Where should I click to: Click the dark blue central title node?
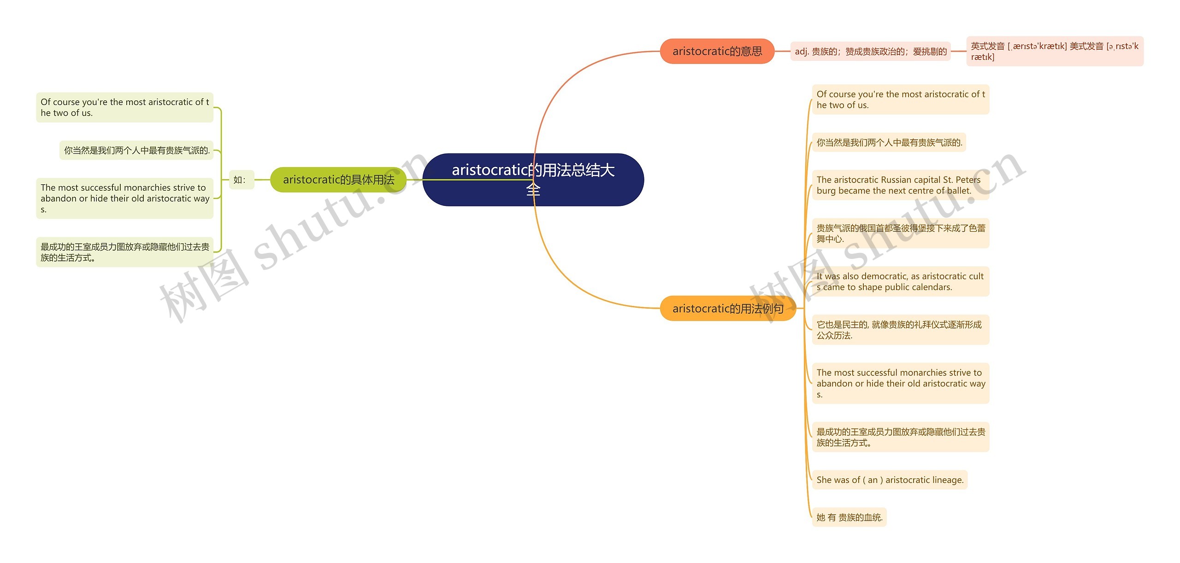[533, 180]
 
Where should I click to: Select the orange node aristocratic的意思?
[717, 51]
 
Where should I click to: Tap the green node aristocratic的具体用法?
[338, 180]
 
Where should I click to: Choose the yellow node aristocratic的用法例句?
[728, 308]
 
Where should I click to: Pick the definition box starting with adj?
[871, 51]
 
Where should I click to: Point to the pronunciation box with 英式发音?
[1055, 51]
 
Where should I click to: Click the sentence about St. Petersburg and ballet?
[901, 185]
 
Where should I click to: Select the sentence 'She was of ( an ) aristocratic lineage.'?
[890, 480]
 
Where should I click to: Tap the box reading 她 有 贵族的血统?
[849, 517]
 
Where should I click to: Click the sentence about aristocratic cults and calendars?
[901, 281]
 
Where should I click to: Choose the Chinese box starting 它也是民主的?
[901, 330]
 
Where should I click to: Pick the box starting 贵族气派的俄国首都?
[901, 233]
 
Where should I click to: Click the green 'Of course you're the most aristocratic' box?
[124, 107]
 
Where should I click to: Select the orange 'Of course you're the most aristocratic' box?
[901, 100]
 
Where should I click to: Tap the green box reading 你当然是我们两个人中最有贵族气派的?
[136, 150]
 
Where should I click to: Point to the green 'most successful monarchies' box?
[124, 199]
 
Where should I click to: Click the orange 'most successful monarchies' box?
[901, 383]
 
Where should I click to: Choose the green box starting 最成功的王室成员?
[124, 252]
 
